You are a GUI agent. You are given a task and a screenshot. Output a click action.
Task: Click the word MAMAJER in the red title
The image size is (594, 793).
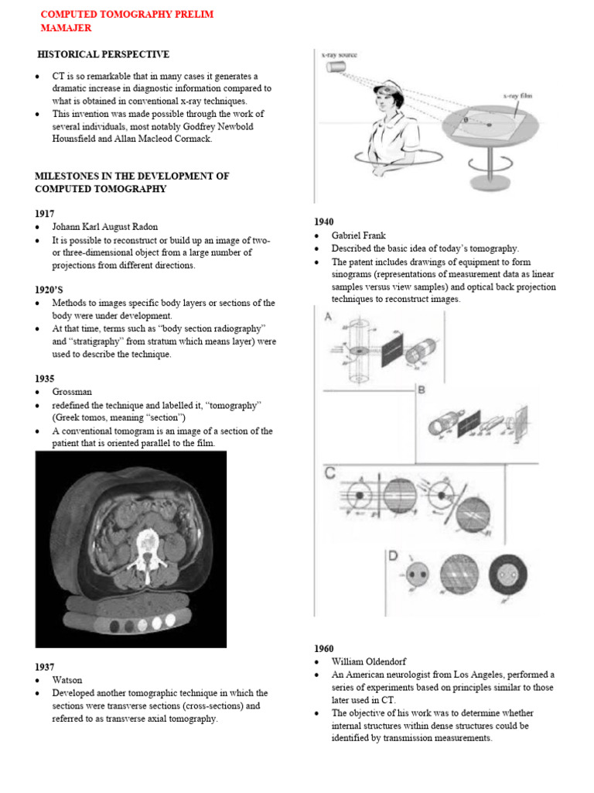click(66, 28)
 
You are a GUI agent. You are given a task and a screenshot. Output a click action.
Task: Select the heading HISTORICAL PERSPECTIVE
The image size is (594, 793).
click(104, 54)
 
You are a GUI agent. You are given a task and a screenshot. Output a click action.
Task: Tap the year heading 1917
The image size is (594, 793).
click(45, 213)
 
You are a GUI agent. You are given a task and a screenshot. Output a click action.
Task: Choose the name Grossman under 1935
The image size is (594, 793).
click(73, 393)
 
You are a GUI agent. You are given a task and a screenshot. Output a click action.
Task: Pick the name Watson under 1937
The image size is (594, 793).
click(67, 680)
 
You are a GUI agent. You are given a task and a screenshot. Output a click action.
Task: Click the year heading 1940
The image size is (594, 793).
click(324, 221)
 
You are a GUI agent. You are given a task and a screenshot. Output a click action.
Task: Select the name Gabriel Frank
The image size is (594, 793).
click(359, 235)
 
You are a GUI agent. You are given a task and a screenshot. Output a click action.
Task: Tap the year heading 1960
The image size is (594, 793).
click(324, 648)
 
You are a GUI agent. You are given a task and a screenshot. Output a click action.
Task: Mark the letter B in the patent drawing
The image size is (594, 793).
click(422, 390)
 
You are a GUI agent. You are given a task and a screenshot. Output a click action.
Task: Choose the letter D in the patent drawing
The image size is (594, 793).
click(393, 557)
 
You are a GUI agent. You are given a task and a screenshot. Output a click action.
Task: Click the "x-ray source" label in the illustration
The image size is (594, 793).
click(340, 55)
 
